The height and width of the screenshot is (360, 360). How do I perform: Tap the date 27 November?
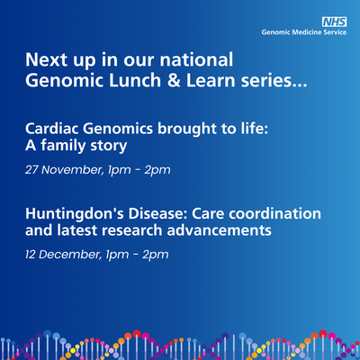(63, 169)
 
